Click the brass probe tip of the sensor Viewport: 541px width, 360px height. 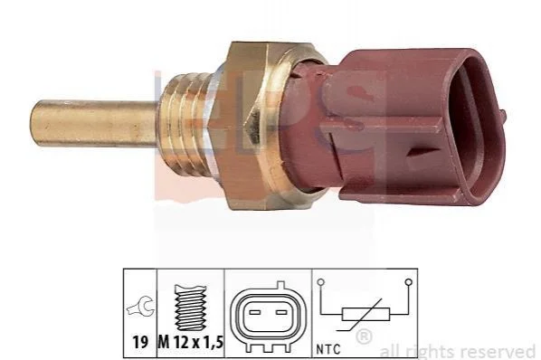(x=93, y=122)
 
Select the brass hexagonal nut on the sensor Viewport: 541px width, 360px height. (x=255, y=126)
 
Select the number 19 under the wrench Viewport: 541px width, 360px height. (x=140, y=343)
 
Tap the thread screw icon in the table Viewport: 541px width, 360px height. (x=191, y=308)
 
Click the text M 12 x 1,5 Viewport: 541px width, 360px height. (x=191, y=343)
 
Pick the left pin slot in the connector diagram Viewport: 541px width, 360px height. (x=254, y=313)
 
